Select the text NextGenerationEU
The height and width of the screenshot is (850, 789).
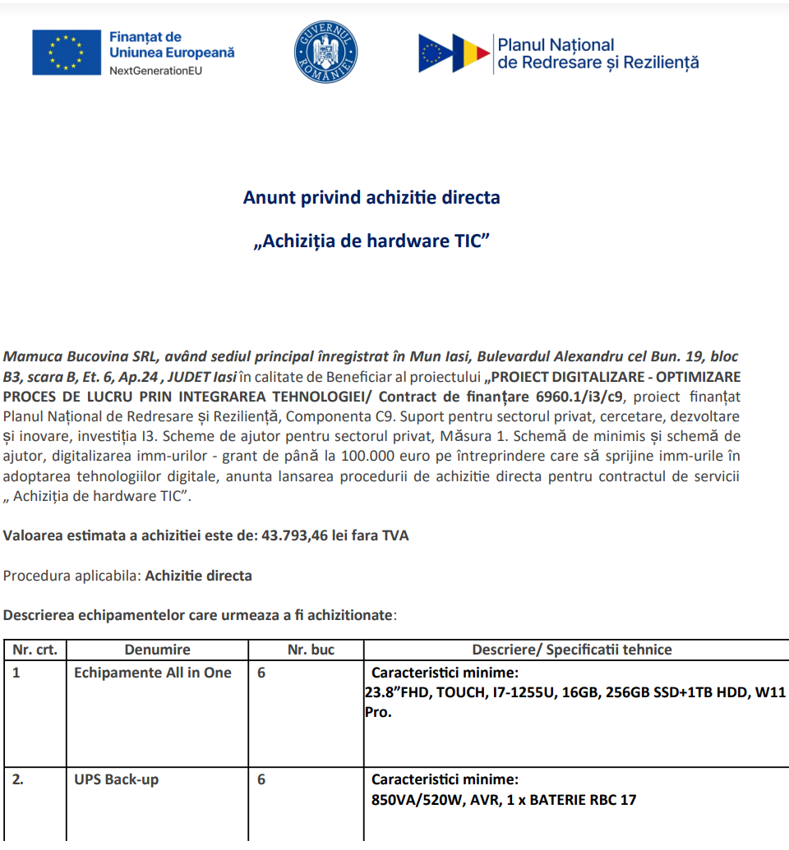click(155, 70)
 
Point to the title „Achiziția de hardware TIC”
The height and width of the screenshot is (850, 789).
click(371, 241)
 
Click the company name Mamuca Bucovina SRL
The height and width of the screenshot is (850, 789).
click(81, 357)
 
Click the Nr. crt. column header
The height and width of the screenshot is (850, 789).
click(35, 650)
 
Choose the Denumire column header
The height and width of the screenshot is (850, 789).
click(157, 650)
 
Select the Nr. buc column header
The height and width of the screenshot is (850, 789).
click(311, 650)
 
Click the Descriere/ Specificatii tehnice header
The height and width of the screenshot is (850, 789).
click(572, 650)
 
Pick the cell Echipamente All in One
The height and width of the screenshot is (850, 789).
click(153, 673)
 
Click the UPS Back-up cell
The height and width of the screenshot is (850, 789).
click(116, 779)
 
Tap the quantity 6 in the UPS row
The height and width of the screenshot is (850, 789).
click(261, 779)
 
